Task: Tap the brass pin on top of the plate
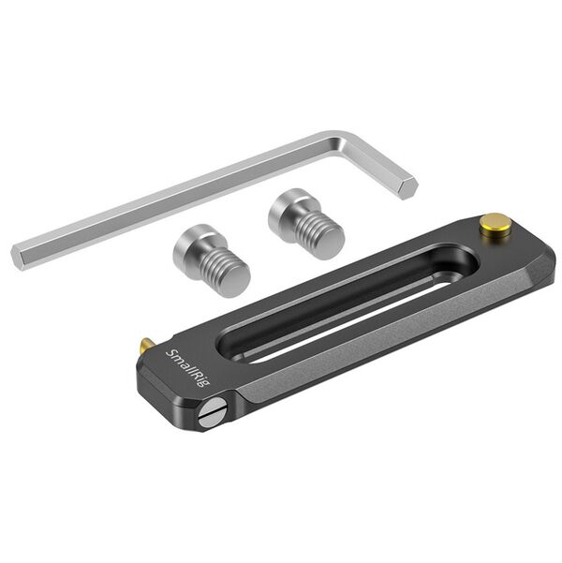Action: click(496, 223)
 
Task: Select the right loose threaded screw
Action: click(307, 225)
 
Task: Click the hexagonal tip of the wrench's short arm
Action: click(407, 186)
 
